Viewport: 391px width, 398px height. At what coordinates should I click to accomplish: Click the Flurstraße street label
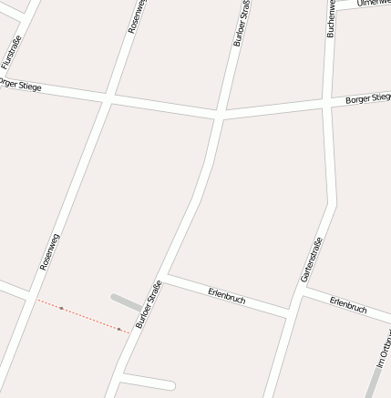tap(11, 52)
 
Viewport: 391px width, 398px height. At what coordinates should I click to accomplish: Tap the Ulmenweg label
tap(374, 4)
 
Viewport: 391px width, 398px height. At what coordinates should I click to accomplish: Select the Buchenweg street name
tap(332, 18)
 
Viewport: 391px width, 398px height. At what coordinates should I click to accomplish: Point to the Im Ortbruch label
tap(384, 352)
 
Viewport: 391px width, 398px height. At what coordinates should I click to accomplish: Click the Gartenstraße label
tap(311, 260)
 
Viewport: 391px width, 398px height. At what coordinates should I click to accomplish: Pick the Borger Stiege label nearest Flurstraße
tap(20, 85)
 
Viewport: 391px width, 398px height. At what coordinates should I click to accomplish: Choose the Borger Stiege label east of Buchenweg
tap(368, 98)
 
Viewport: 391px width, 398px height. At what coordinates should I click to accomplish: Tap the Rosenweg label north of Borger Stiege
tap(137, 16)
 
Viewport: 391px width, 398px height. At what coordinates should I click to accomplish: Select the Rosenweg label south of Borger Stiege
tap(49, 251)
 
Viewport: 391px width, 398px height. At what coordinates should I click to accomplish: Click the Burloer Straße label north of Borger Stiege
tap(242, 24)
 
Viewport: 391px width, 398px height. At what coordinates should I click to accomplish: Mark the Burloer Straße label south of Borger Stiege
tap(149, 304)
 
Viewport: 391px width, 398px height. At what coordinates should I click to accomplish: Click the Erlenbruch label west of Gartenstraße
tap(226, 295)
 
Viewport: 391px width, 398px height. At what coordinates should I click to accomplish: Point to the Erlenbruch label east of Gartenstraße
tap(348, 304)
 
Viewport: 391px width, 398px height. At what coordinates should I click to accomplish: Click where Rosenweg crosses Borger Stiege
tap(108, 96)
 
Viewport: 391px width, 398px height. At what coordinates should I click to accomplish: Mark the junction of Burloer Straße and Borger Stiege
tap(220, 116)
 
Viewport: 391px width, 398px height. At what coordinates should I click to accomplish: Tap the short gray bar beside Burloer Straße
tap(126, 301)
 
